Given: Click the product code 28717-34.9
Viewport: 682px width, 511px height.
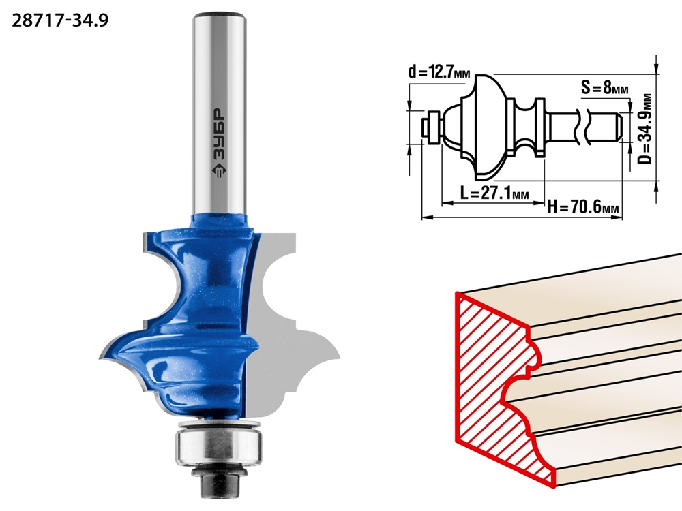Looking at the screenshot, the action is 60,20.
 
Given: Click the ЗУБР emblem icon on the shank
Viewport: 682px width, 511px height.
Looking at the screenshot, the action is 218,171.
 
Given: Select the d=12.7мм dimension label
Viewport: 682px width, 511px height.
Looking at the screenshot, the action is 439,72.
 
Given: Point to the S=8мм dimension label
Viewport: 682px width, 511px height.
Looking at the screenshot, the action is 604,88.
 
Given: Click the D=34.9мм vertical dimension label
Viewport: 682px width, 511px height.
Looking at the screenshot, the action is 646,129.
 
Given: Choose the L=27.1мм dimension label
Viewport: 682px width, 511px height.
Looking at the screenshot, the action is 494,192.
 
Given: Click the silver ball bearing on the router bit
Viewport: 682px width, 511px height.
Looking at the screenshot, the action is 219,444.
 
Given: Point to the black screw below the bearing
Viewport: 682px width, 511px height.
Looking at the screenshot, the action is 220,482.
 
